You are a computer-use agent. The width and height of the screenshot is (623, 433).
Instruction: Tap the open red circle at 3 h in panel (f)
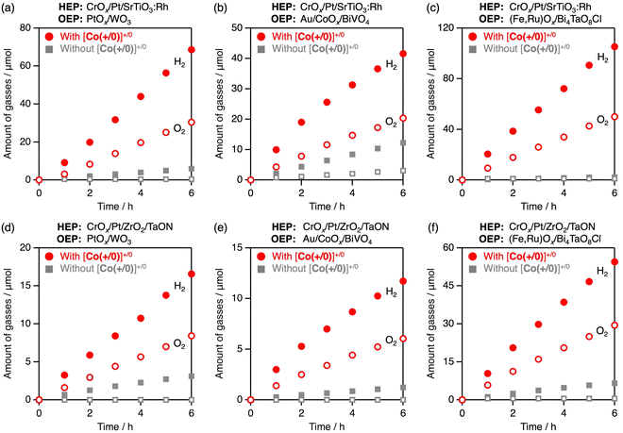click(x=538, y=359)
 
